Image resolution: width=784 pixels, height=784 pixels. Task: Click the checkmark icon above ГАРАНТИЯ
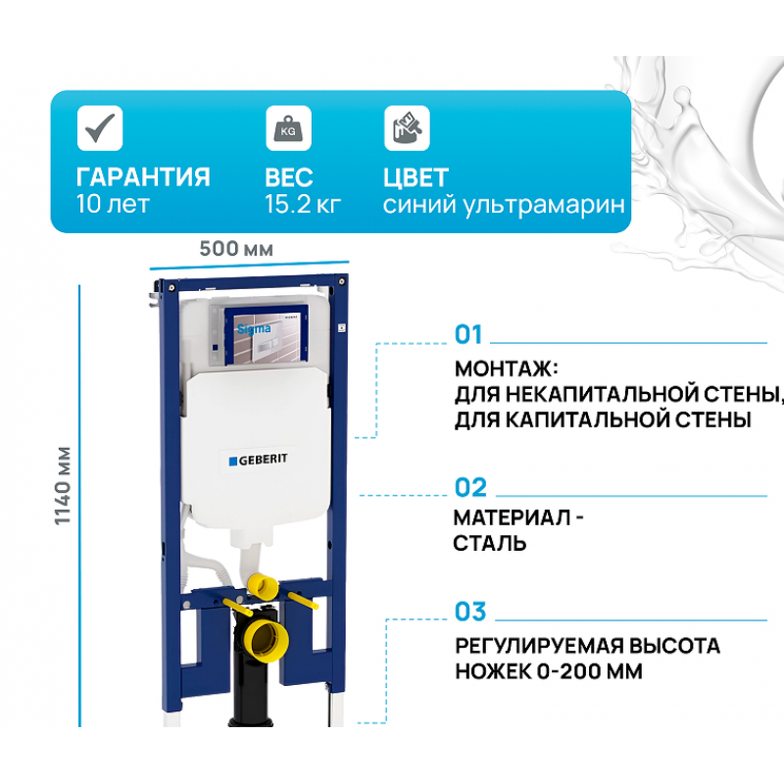(x=100, y=128)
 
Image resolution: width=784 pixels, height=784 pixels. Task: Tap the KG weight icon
(x=288, y=128)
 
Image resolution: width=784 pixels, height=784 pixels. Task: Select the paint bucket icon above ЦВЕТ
(x=407, y=128)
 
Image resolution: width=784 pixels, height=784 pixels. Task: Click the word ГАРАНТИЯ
(x=143, y=177)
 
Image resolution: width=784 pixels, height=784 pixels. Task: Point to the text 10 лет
(x=113, y=204)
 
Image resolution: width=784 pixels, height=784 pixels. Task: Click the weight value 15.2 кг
(x=303, y=204)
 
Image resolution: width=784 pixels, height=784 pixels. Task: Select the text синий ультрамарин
(x=504, y=205)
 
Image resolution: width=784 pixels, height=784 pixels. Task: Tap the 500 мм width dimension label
(x=236, y=249)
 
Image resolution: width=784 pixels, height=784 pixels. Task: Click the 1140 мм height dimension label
(x=63, y=485)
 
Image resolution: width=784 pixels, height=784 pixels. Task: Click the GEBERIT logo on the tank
(x=259, y=460)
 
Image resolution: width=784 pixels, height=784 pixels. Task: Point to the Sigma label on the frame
(x=254, y=329)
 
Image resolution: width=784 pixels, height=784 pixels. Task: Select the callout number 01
(x=468, y=334)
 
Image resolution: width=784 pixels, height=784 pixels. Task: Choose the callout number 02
(x=470, y=487)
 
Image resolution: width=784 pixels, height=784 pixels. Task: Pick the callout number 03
(x=470, y=612)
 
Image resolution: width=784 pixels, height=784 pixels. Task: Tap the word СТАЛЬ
(x=490, y=544)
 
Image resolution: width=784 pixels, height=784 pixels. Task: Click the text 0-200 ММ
(x=590, y=671)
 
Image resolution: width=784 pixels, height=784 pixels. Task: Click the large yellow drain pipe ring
(x=269, y=641)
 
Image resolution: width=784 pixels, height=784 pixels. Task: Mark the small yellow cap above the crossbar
(x=263, y=585)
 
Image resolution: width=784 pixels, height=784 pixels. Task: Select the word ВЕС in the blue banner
(x=289, y=177)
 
